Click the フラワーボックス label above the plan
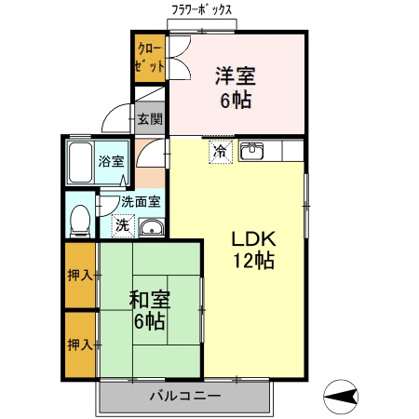[202, 12]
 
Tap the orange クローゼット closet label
[149, 58]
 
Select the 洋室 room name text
[237, 75]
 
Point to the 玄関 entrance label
[150, 118]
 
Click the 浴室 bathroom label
[112, 161]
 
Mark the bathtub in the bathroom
[81, 162]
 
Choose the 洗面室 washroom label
[141, 200]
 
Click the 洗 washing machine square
[122, 224]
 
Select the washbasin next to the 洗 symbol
[151, 227]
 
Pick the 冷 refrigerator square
[220, 150]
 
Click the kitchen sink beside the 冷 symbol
[252, 151]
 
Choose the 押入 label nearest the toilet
[79, 275]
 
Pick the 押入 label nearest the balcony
[79, 345]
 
